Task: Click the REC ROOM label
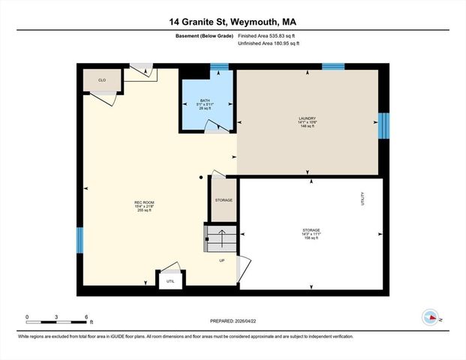[144, 206]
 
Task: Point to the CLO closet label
[101, 79]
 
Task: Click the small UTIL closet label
[170, 281]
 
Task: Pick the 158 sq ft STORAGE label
[311, 233]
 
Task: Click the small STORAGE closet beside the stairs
[224, 200]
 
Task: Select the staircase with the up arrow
[222, 241]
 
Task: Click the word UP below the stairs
[222, 260]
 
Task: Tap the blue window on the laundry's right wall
[383, 125]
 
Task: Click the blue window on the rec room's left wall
[80, 240]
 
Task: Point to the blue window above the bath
[219, 67]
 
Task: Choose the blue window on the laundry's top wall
[333, 67]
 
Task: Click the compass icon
[431, 316]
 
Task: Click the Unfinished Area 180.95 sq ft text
[268, 43]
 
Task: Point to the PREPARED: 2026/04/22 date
[232, 321]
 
